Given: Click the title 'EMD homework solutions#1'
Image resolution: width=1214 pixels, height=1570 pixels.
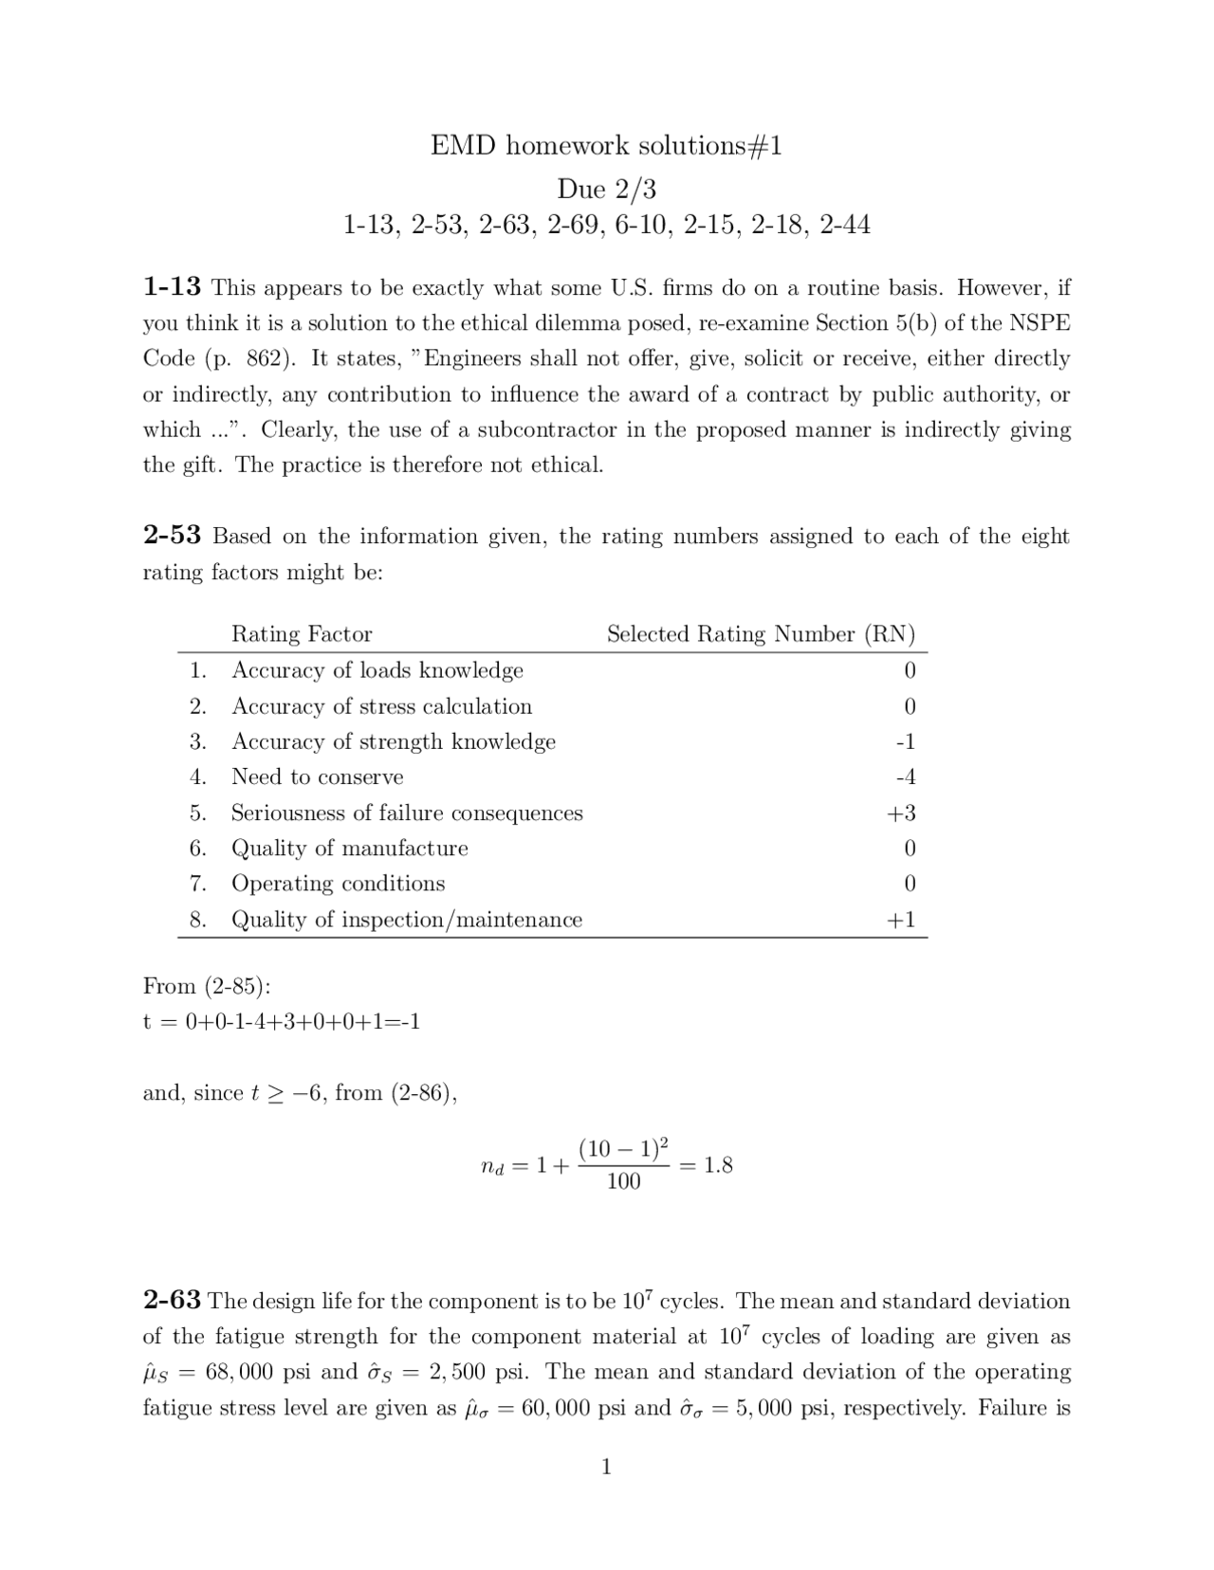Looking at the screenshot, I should coord(606,145).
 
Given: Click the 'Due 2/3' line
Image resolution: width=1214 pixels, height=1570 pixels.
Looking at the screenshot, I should coord(606,189).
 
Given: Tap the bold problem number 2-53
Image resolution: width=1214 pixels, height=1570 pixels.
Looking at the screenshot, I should coord(172,535).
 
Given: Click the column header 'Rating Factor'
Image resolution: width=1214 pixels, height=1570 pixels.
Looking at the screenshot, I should coord(302,633).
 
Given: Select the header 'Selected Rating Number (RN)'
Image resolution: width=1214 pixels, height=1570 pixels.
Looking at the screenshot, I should coord(761,633).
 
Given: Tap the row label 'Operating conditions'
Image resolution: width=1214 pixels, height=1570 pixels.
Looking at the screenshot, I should coord(338,884).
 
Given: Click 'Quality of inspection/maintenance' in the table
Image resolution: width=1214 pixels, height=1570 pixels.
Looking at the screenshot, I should coord(407,920).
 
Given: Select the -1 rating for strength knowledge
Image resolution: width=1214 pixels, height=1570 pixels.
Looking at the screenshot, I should coord(906,741).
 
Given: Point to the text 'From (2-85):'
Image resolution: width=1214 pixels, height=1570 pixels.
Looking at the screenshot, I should coord(207,986).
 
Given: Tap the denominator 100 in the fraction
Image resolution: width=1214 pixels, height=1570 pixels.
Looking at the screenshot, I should coord(623,1181).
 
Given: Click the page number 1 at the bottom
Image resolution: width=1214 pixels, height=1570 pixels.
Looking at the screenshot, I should coord(606,1467).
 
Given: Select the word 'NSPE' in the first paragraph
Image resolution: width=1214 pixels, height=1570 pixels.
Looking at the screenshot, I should coord(1039,322).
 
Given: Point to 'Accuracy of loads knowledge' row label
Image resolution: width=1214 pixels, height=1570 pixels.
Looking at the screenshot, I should coord(377,670).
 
